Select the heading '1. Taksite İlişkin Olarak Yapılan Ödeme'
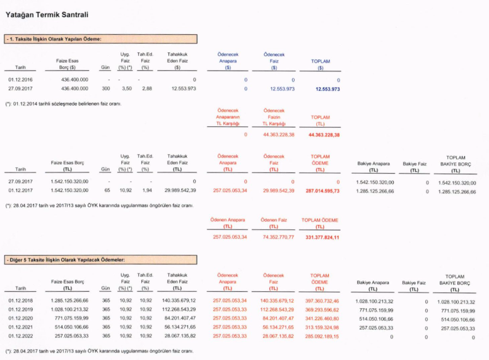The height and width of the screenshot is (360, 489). [x=54, y=39]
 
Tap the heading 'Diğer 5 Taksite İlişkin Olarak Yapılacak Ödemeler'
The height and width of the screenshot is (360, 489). [x=66, y=259]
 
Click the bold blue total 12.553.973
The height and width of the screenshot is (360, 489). [x=327, y=90]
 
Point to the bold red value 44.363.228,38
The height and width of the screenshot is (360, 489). [x=324, y=135]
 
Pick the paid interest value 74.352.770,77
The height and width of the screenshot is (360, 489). [x=273, y=237]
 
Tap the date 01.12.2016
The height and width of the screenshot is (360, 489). [x=20, y=80]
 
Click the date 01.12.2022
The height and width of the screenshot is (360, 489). [x=20, y=337]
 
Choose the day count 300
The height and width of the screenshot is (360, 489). [x=106, y=90]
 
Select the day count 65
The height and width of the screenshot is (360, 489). [x=107, y=190]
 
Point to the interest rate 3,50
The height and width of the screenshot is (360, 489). [x=126, y=90]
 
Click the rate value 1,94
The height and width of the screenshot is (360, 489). [x=147, y=190]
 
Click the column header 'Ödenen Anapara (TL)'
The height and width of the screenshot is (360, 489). [x=228, y=223]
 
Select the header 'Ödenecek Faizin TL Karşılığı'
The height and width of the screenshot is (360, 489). [x=274, y=117]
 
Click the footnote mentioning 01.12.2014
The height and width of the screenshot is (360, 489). [x=63, y=104]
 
